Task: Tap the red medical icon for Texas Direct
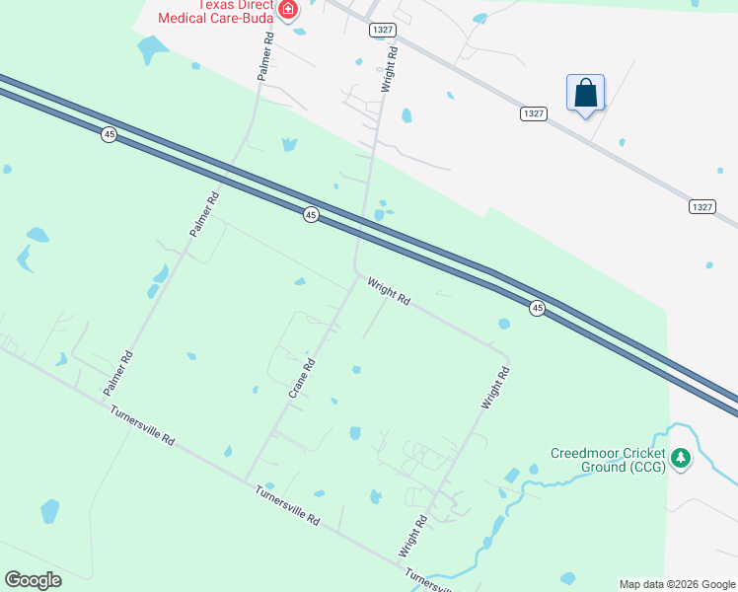pos(288,11)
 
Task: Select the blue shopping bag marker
pos(586,94)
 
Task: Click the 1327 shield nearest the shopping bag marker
pos(533,114)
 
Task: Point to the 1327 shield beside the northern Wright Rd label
pos(383,31)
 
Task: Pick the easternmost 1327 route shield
pos(701,206)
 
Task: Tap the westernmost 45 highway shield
pos(109,134)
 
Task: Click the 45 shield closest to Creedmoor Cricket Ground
pos(537,309)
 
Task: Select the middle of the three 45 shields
pos(311,215)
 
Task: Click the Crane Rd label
pos(302,378)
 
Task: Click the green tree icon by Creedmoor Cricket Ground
pos(680,458)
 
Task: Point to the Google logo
pos(34,579)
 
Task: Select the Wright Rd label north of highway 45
pos(390,69)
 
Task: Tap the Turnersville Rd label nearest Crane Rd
pos(287,504)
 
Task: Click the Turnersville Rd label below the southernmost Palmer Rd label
pos(142,426)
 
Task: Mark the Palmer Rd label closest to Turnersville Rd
pos(117,375)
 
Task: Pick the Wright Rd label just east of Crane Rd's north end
pos(389,292)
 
